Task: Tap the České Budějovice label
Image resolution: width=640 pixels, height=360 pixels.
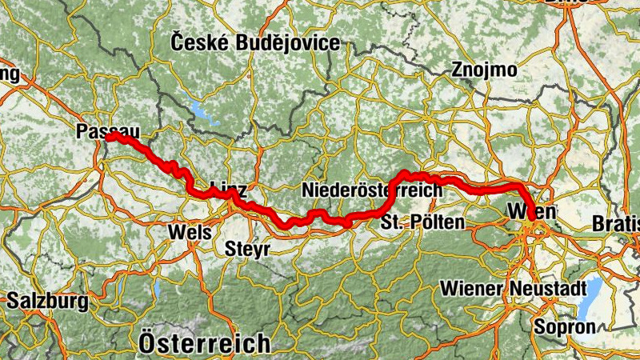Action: pos(255,42)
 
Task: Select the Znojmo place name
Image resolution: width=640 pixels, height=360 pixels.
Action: pos(483,70)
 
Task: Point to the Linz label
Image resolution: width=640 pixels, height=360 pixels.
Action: pos(227,190)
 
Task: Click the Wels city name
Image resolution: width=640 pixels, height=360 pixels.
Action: pos(190,232)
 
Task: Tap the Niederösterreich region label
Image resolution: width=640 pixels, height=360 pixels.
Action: pos(372,190)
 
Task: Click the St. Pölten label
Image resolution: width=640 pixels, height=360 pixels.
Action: pos(422,222)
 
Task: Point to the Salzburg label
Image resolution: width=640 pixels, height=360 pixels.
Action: pos(47,302)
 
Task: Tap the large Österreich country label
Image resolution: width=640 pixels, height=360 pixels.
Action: pos(204,343)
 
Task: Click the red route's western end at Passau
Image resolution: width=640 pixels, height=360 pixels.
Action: pos(108,138)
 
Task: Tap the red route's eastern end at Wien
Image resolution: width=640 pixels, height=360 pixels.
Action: pos(531,230)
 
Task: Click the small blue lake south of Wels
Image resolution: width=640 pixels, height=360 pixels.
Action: pos(158,289)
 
